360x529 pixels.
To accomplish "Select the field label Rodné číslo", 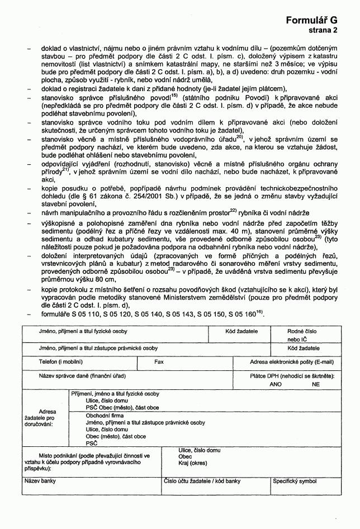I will pos(301,331).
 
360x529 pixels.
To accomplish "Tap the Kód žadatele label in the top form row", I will pos(241,331).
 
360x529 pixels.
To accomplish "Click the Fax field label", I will pos(159,362).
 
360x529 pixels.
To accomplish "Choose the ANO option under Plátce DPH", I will pos(276,384).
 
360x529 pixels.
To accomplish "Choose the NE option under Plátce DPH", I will pos(316,384).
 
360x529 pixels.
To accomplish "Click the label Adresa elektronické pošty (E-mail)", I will pos(291,362).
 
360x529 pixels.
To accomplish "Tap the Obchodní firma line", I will pos(105,416).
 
